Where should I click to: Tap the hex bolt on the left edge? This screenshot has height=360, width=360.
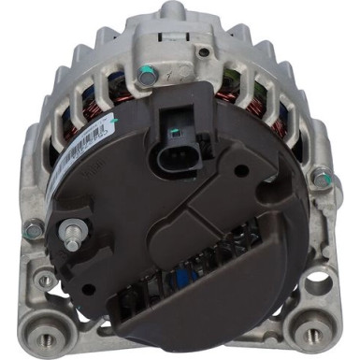click(34, 227)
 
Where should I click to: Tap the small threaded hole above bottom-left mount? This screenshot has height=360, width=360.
click(44, 279)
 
